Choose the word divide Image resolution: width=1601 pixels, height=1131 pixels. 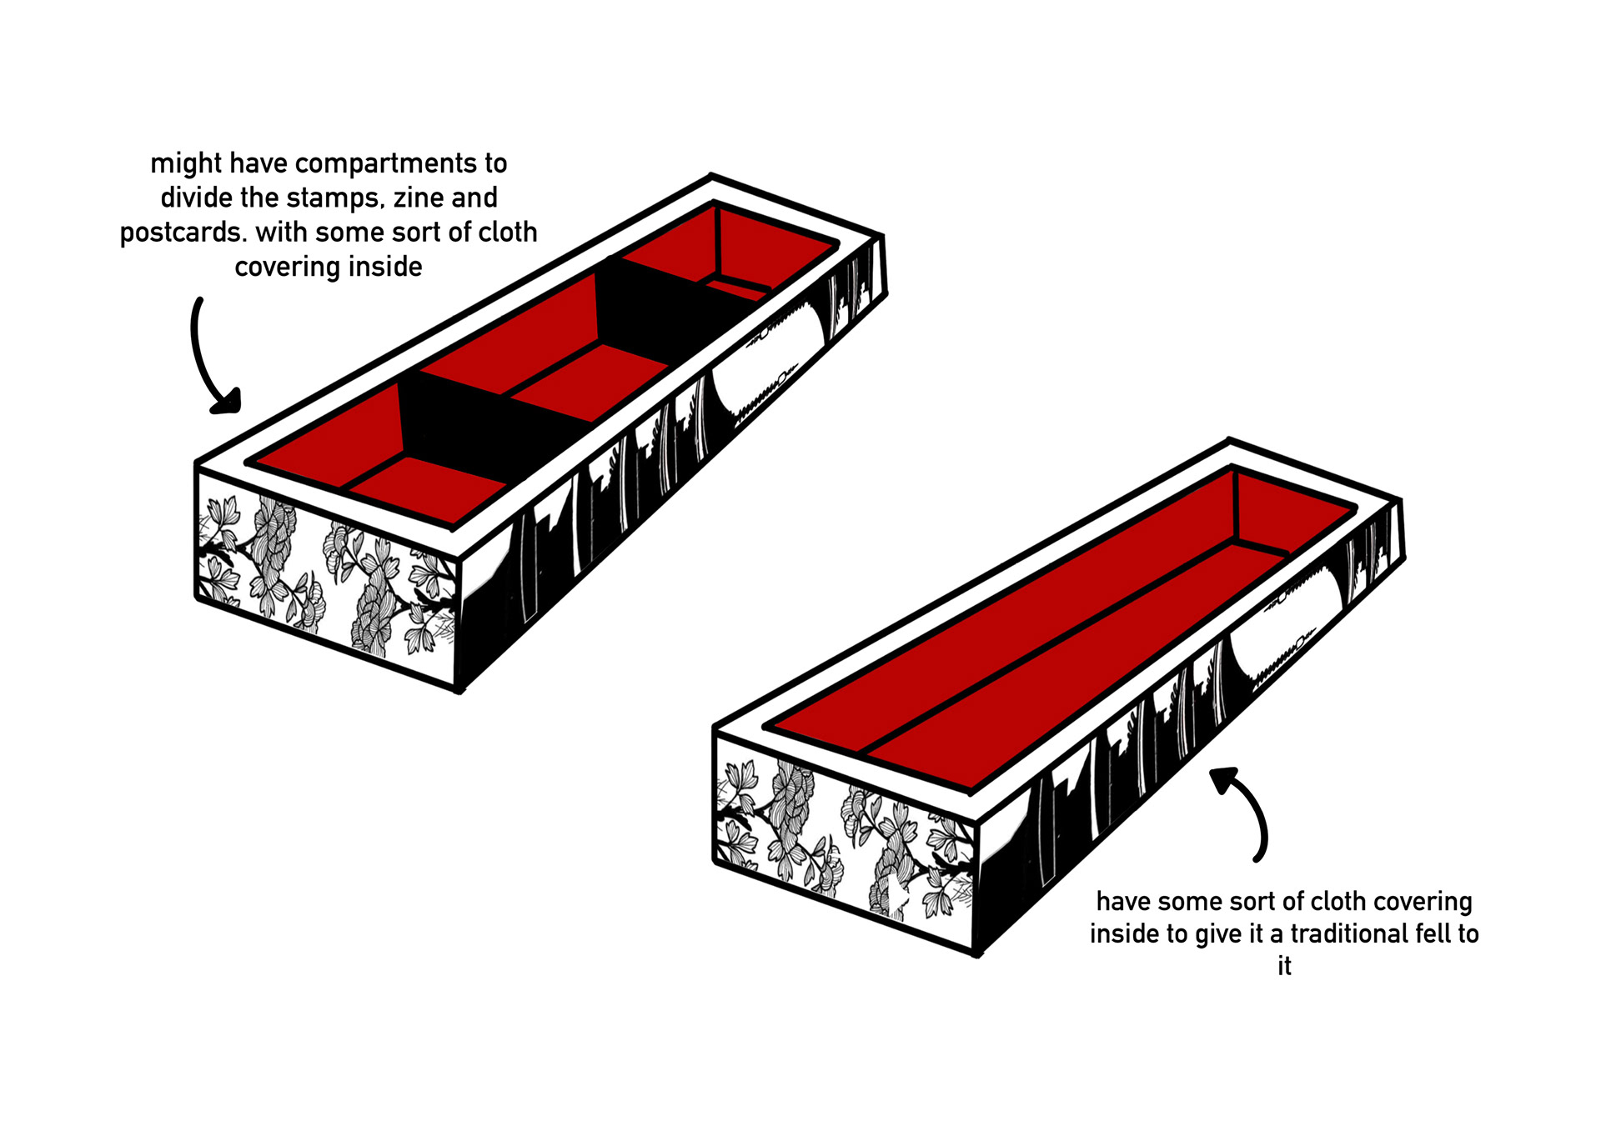(196, 198)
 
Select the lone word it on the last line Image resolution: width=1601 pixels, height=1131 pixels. (1284, 966)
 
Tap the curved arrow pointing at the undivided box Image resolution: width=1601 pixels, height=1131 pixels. (1247, 813)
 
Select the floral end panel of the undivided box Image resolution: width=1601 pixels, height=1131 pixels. (842, 842)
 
